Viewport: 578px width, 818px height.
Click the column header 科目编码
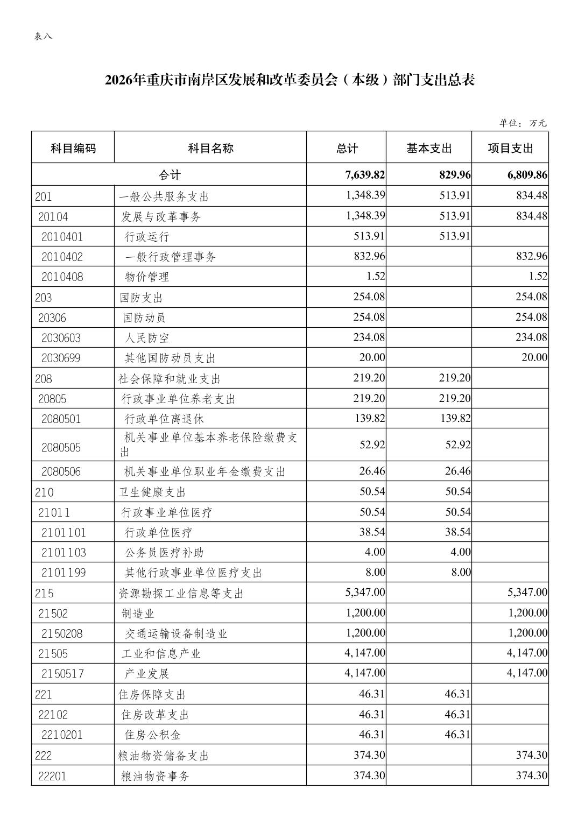pos(73,148)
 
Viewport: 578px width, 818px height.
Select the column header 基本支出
pos(429,148)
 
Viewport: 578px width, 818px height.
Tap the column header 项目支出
pos(510,148)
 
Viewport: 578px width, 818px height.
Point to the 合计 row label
pos(169,175)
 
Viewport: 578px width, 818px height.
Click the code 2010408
pos(62,277)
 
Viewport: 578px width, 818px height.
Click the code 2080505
pos(61,448)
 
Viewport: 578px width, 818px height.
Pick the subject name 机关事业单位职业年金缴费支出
pos(205,472)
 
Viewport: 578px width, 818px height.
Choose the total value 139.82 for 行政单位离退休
pos(369,418)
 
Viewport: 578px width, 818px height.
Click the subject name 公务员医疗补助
pos(164,553)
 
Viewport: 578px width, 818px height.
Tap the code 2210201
pos(62,735)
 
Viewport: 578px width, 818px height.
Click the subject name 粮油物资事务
pos(156,776)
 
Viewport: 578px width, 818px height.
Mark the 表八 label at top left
pos(43,37)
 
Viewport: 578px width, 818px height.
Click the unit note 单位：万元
pos(523,123)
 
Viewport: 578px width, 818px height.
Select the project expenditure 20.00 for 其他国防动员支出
pos(534,357)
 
